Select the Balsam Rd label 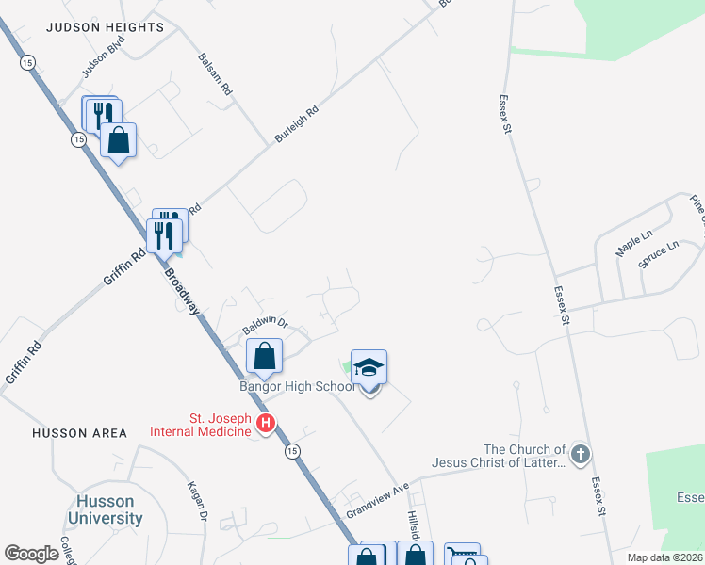(215, 73)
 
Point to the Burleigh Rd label (297, 124)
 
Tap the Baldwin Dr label (264, 326)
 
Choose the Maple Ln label (634, 247)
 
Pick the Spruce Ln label (658, 255)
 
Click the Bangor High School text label (296, 387)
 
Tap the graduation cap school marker (369, 367)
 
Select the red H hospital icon (266, 425)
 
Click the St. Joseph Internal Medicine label (201, 425)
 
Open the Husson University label (106, 509)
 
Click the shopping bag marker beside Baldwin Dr (265, 356)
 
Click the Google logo (31, 554)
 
